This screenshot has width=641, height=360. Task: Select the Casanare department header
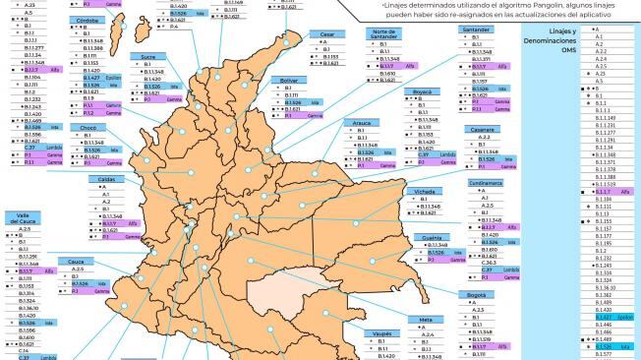[x=480, y=129]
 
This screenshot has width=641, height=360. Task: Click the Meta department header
[x=426, y=320]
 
